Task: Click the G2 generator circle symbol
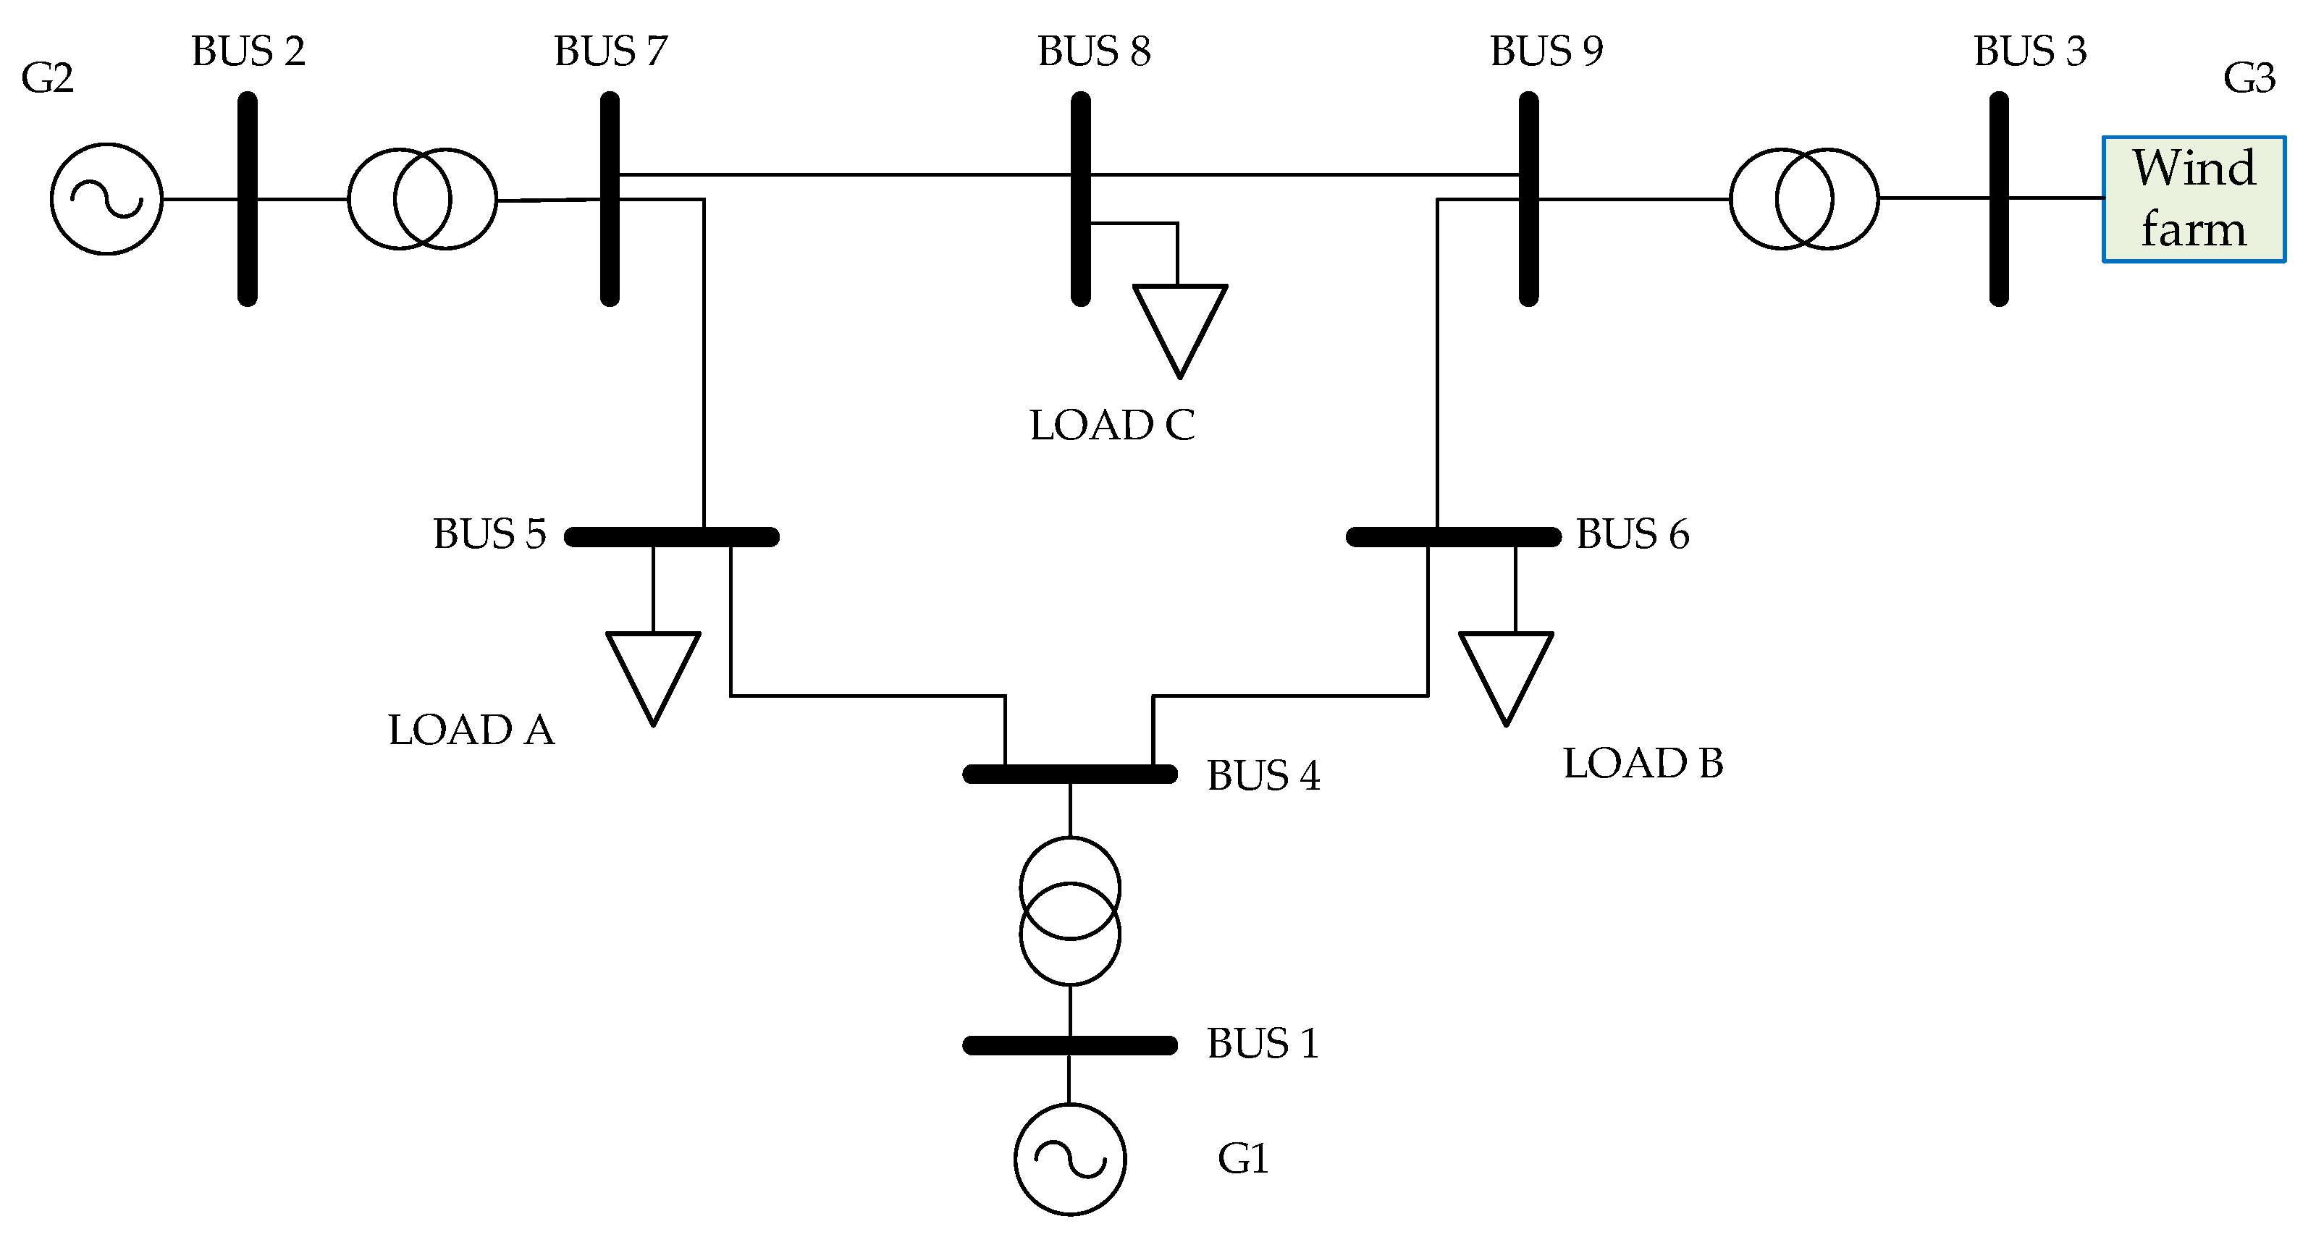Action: pos(106,198)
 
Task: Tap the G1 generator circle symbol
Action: pos(1070,1160)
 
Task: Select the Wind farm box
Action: pos(2193,198)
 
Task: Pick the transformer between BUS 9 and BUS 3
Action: pos(1803,198)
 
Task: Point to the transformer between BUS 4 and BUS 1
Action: pos(1070,911)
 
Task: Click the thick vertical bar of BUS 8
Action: pos(1081,198)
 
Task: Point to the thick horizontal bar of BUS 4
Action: pos(1070,774)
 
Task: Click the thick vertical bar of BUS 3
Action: pos(1999,198)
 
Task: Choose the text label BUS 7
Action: pos(610,51)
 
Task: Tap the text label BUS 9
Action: pos(1546,51)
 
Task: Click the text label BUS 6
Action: pos(1633,534)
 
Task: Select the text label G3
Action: pos(2249,78)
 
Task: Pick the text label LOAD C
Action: pos(1112,425)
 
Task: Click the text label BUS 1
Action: pos(1263,1044)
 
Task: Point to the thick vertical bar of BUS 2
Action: pos(248,198)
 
